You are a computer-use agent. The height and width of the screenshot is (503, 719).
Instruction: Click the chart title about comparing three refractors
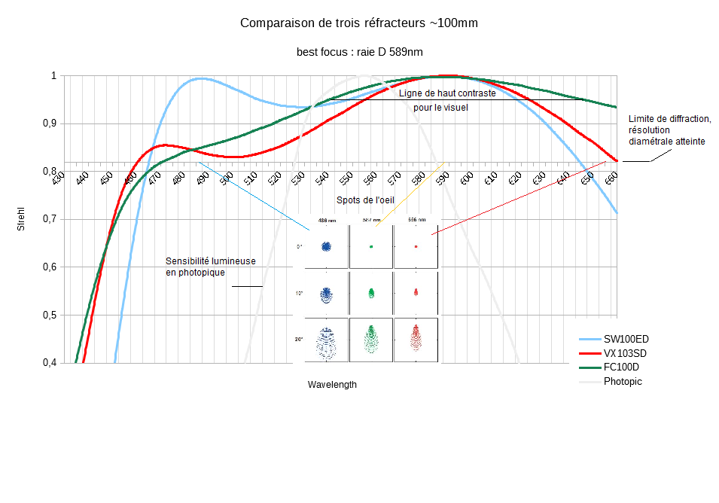click(x=358, y=23)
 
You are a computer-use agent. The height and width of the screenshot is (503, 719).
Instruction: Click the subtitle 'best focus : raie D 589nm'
click(x=358, y=52)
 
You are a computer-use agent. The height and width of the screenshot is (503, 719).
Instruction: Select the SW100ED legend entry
click(x=626, y=339)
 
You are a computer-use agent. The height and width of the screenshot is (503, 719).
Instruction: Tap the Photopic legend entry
click(x=623, y=381)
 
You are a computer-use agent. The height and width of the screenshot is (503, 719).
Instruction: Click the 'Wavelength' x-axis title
click(x=332, y=384)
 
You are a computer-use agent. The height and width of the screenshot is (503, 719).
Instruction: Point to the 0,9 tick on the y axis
click(x=48, y=123)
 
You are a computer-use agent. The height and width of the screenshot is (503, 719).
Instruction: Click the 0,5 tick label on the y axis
click(x=48, y=315)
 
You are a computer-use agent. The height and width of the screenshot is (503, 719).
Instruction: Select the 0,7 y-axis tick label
click(x=48, y=219)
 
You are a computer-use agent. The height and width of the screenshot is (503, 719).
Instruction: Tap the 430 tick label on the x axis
click(x=59, y=177)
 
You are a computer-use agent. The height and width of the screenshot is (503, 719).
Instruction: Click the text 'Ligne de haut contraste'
click(x=447, y=93)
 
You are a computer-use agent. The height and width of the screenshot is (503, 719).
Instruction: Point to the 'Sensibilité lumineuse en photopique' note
click(x=210, y=267)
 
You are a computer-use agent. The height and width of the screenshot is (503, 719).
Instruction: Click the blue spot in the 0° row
click(x=327, y=246)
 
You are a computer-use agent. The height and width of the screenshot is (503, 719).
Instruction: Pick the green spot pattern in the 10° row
click(x=371, y=293)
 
